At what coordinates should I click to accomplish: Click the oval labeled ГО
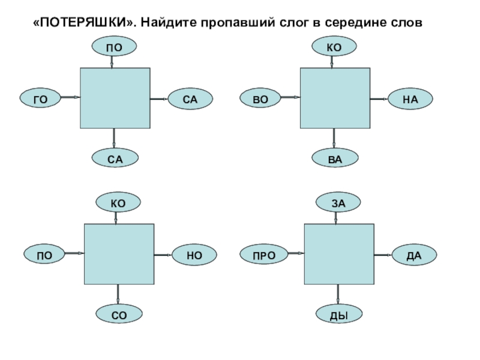point(41,98)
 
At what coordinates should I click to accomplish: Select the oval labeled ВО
point(260,98)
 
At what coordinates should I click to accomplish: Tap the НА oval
point(410,98)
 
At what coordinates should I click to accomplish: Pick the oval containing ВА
point(335,158)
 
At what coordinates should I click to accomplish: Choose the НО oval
point(194,255)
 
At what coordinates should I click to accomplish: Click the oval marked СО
point(118,313)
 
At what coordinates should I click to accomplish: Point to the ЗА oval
point(338,204)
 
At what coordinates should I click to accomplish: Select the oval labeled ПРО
point(263,256)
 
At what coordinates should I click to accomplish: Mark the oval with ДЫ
point(338,314)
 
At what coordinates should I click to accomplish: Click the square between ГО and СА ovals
point(115,98)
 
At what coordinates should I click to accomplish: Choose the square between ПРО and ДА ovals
point(339,255)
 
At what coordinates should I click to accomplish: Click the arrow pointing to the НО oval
point(163,255)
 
